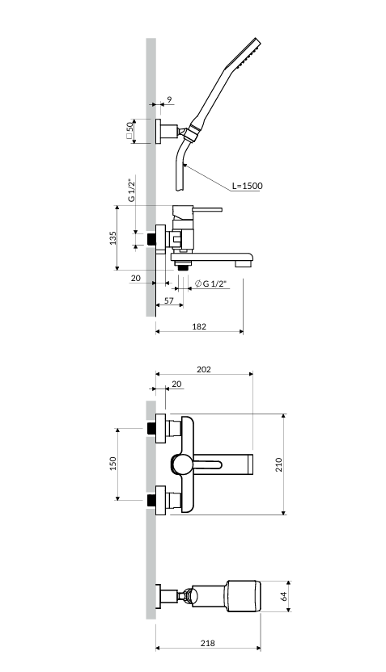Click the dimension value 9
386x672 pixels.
point(169,99)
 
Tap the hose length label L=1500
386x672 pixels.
point(247,186)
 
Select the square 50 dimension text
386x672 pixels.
point(129,130)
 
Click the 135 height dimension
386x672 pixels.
point(113,237)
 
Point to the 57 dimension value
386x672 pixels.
point(169,300)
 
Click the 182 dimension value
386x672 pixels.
point(199,326)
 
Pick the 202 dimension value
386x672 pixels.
point(203,369)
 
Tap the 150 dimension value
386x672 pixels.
point(113,464)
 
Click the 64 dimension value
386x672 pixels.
point(283,596)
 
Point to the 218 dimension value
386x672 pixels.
point(208,643)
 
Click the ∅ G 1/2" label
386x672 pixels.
point(210,283)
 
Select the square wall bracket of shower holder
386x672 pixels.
point(159,131)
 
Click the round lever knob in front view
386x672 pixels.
point(180,464)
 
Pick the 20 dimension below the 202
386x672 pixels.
point(176,384)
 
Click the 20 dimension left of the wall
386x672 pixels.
point(136,278)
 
